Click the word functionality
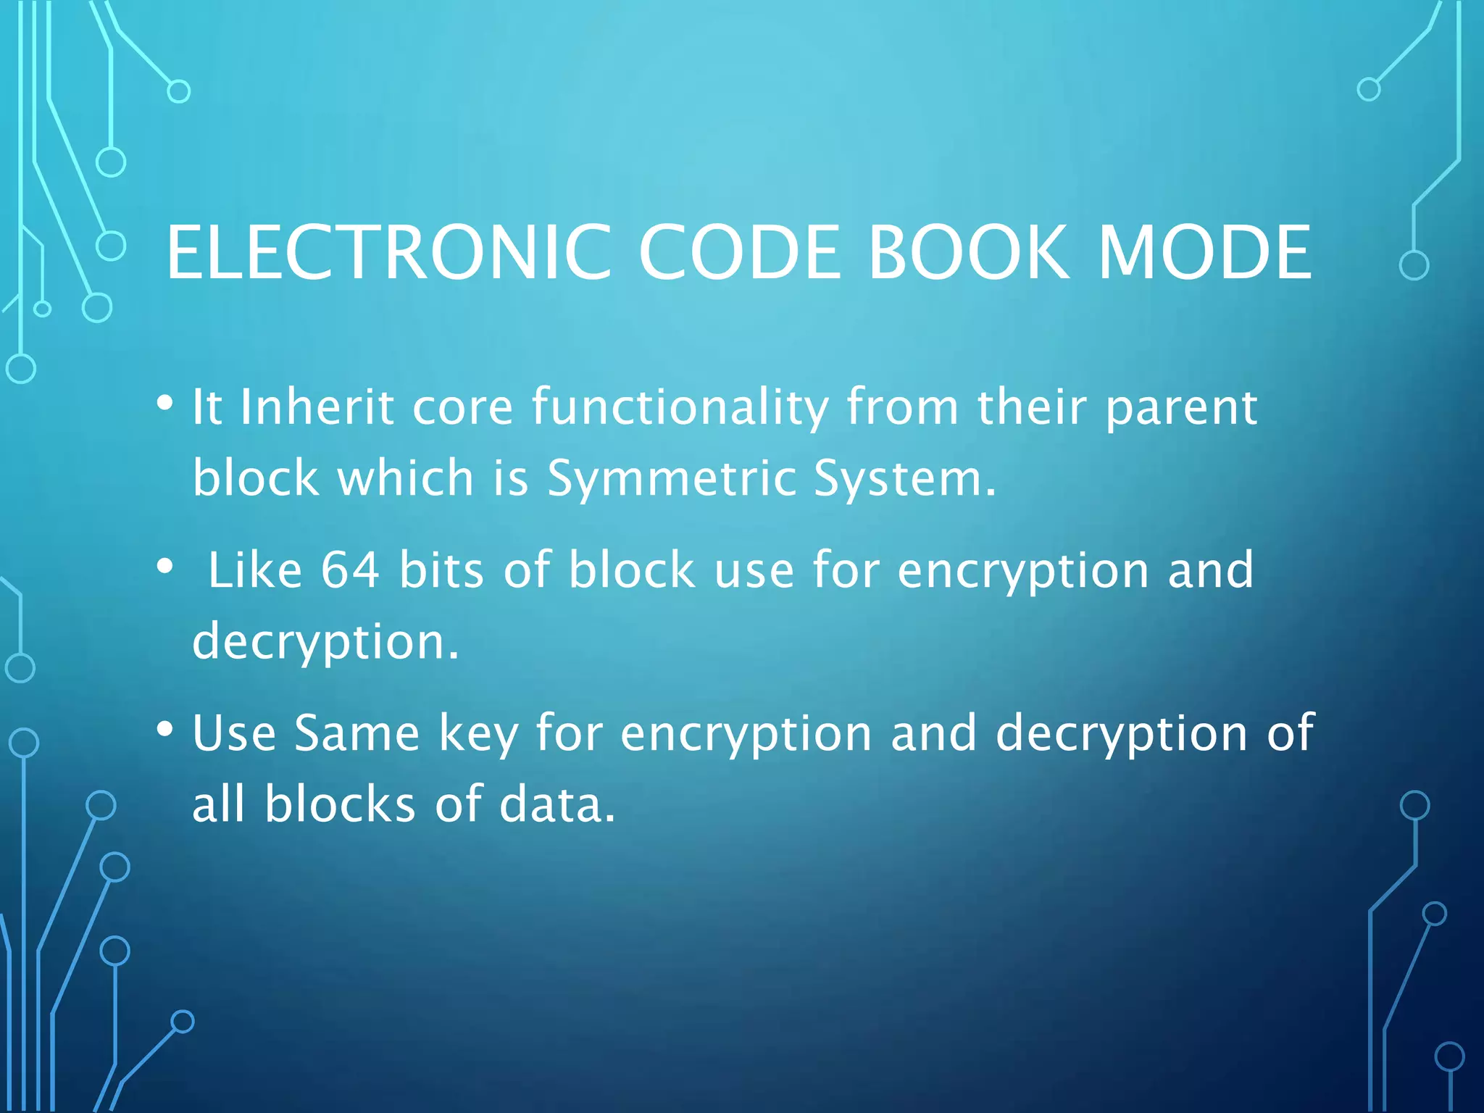(x=680, y=408)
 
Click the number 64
(x=351, y=570)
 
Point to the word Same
(x=357, y=733)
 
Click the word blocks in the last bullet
(x=340, y=804)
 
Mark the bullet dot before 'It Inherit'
(x=165, y=402)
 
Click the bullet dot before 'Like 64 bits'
(x=165, y=566)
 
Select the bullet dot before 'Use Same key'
(x=165, y=728)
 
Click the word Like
(x=254, y=570)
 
